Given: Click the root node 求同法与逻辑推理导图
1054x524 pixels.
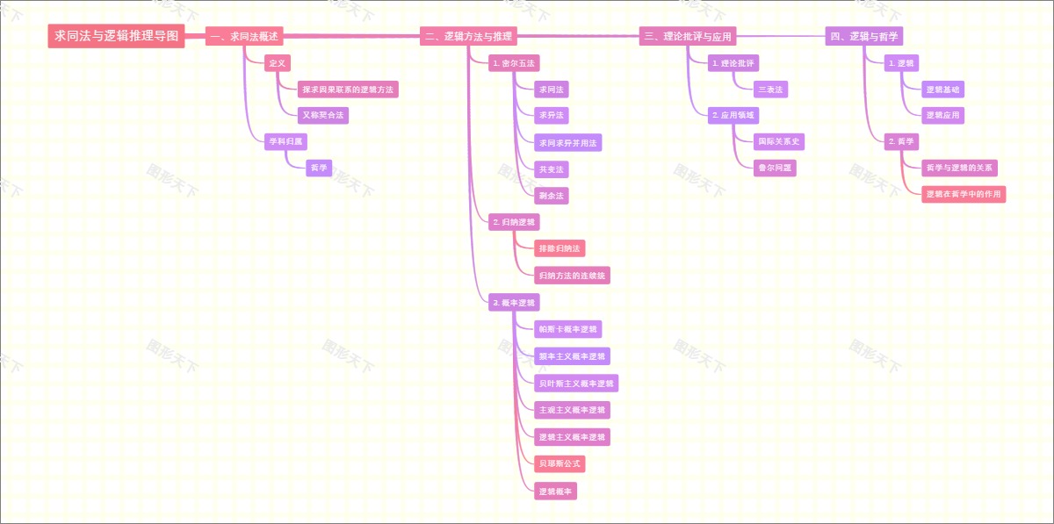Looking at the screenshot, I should (x=116, y=36).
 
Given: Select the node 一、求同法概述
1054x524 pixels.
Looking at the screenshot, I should (x=244, y=36).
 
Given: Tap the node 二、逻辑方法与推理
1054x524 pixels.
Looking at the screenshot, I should (x=468, y=36).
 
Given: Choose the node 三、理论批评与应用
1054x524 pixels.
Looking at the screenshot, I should (x=688, y=36).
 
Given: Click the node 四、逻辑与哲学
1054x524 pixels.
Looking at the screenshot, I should (x=865, y=36).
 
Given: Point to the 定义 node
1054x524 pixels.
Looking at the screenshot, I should (x=278, y=63).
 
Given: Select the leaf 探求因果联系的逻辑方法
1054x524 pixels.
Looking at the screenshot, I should (x=348, y=90).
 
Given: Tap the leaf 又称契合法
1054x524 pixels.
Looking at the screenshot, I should (x=323, y=115).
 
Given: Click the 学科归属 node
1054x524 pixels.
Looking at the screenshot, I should (x=285, y=140).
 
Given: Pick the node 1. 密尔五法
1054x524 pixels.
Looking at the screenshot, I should (x=514, y=63).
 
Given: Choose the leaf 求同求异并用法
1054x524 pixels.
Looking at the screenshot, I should (x=568, y=142).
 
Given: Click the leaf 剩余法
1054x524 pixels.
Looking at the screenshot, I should (x=552, y=195).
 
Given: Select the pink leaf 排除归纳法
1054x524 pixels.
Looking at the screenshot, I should (x=559, y=248).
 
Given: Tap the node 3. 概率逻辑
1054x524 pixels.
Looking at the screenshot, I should (x=514, y=303).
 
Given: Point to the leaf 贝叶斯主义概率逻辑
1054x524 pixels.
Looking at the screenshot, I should (x=576, y=384).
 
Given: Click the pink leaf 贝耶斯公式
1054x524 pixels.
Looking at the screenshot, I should (x=559, y=463).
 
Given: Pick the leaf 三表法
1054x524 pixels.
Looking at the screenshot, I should (x=770, y=90).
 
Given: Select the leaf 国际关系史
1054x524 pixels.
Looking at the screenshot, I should (x=778, y=141).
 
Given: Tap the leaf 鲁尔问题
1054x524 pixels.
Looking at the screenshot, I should (x=775, y=168).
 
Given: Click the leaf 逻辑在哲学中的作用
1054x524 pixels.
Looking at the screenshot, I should (x=964, y=194).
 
